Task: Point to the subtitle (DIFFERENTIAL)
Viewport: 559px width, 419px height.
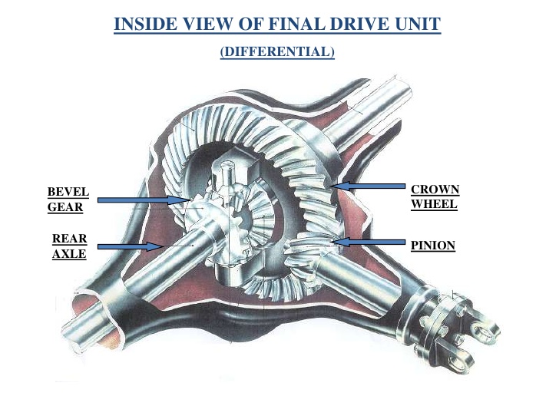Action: point(277,52)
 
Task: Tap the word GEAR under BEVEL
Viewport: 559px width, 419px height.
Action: point(65,206)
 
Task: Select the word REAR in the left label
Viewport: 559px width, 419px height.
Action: point(68,239)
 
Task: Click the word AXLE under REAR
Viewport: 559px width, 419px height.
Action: point(68,254)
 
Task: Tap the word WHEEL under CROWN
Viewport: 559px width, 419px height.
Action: point(434,205)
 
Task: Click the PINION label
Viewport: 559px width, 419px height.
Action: point(433,246)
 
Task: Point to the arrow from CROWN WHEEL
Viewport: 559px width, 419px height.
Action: point(372,186)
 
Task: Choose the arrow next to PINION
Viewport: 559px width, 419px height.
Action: point(372,242)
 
